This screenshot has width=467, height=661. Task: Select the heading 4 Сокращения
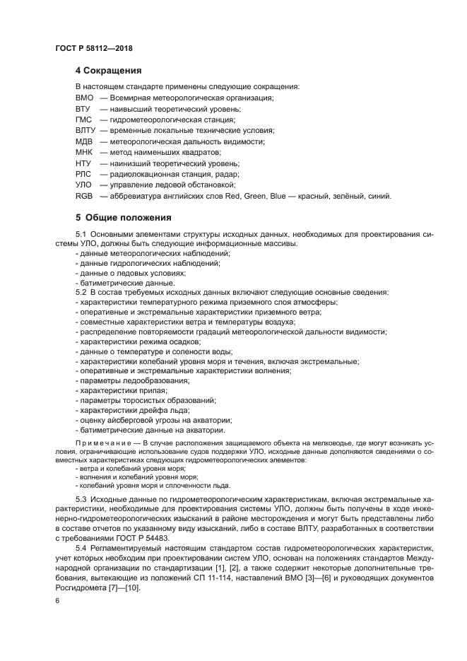click(109, 71)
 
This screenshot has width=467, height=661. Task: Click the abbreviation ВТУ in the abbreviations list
click(83, 109)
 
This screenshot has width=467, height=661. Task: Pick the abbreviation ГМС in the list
click(83, 119)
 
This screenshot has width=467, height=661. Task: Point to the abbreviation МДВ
click(84, 141)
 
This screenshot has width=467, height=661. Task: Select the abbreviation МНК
click(83, 152)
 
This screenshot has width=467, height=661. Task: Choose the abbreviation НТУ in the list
click(83, 163)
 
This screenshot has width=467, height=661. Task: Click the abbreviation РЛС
click(83, 174)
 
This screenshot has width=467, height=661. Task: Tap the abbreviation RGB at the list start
click(83, 196)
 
